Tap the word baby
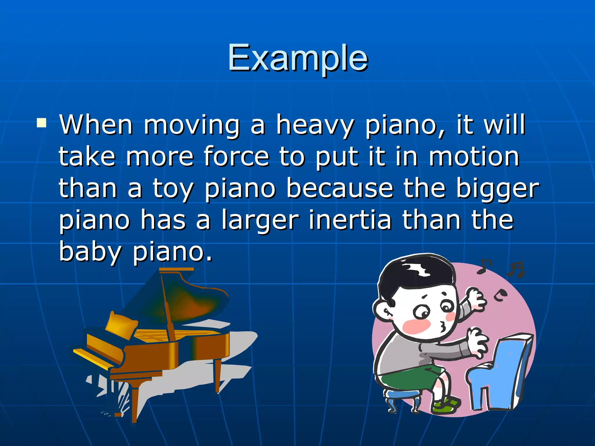click(x=89, y=251)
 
